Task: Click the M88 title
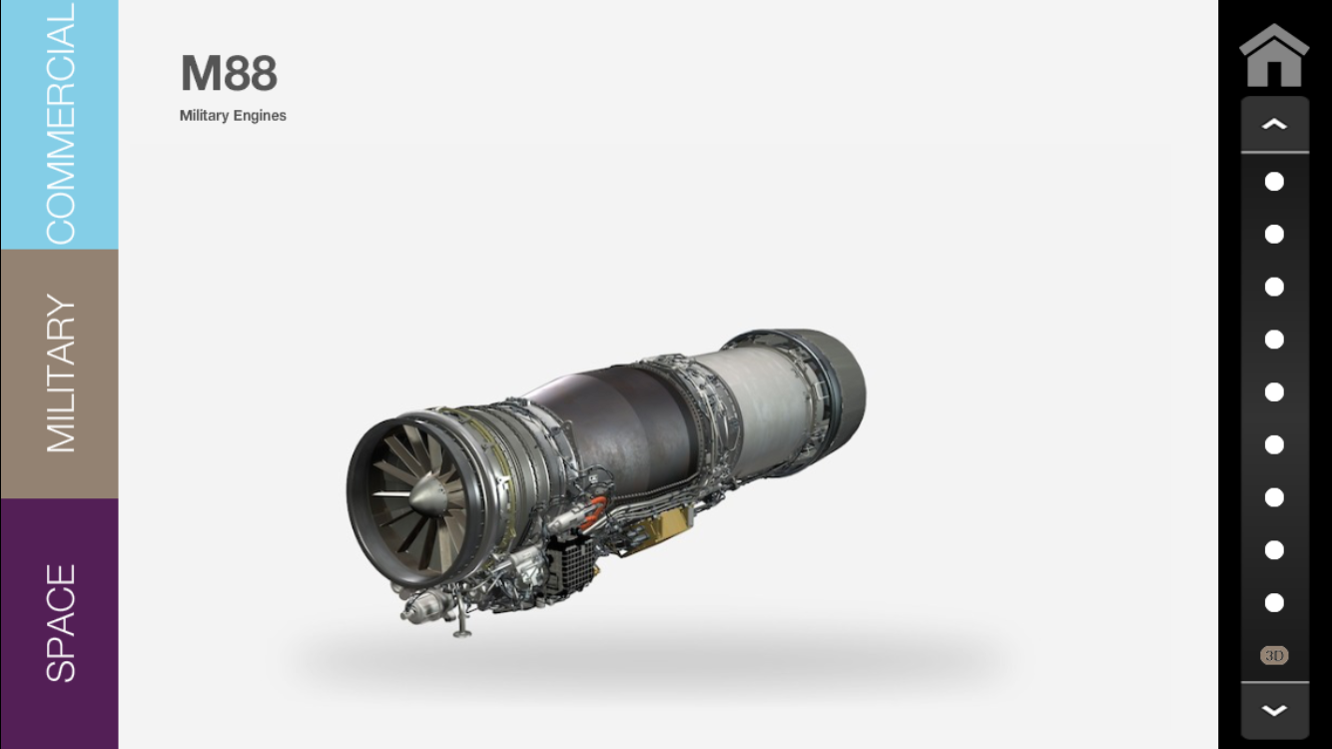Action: tap(229, 73)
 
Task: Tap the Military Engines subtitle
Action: tap(233, 116)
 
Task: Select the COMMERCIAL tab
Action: tap(60, 125)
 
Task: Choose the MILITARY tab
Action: tap(60, 374)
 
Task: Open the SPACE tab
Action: tap(60, 623)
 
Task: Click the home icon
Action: tap(1274, 55)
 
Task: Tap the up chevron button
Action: tap(1274, 124)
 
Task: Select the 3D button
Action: tap(1274, 655)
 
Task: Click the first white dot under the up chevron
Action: tap(1274, 182)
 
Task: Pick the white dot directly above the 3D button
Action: tap(1274, 602)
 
